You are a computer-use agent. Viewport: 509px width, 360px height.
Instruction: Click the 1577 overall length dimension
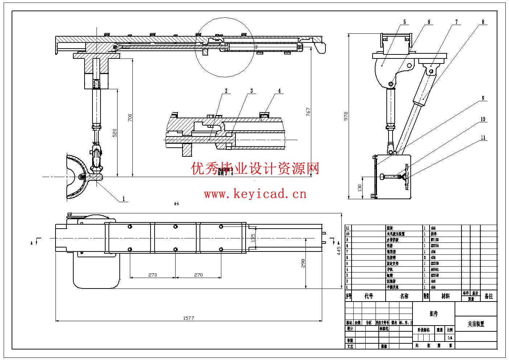[x=188, y=318]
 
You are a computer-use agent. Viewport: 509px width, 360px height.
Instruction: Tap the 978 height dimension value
[x=346, y=116]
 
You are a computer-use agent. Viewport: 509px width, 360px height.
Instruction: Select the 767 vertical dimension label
[x=308, y=112]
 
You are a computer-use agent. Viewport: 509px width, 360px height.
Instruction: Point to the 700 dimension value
[x=130, y=118]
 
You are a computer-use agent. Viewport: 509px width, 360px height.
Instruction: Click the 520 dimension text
[x=115, y=133]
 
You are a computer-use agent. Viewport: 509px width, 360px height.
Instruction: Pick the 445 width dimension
[x=338, y=250]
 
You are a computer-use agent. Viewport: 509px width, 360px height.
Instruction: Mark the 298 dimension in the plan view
[x=303, y=263]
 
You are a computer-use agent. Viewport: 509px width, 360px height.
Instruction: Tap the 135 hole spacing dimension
[x=253, y=238]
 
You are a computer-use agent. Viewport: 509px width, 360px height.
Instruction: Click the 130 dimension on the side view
[x=360, y=188]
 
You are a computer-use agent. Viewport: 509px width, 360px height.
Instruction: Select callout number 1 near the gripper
[x=123, y=199]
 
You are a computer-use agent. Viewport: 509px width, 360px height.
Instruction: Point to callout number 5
[x=405, y=22]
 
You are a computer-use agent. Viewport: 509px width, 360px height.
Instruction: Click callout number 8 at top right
[x=483, y=22]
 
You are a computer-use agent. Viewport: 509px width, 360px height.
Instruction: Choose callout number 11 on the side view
[x=483, y=138]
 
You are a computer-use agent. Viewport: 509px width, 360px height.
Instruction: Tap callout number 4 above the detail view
[x=279, y=91]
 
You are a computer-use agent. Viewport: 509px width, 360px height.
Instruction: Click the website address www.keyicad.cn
[x=255, y=195]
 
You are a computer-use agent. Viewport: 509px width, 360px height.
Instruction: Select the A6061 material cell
[x=435, y=270]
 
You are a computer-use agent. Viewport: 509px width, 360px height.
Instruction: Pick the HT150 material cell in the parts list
[x=435, y=240]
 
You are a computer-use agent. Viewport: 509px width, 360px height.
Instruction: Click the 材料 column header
[x=445, y=296]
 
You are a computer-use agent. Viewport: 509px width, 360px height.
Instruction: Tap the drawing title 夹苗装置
[x=476, y=324]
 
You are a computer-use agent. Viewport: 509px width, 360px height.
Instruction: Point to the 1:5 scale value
[x=450, y=337]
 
